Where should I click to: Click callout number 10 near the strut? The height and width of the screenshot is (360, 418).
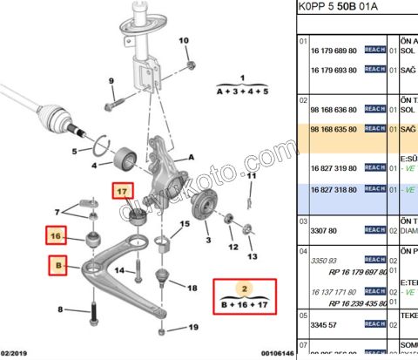(x=184, y=41)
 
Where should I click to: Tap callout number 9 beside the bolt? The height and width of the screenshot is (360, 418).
(x=111, y=82)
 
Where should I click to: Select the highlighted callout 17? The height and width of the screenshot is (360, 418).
(x=121, y=192)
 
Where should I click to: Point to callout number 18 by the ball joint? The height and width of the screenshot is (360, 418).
(x=192, y=287)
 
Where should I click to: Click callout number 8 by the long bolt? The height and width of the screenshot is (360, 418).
(x=60, y=309)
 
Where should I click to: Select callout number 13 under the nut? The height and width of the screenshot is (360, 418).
(x=253, y=258)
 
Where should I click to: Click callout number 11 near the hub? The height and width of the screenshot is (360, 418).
(x=253, y=175)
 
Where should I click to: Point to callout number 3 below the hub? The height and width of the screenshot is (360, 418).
(x=207, y=241)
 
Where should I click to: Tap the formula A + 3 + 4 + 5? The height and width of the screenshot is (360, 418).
(x=242, y=91)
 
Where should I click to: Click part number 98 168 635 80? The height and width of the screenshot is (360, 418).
(x=334, y=128)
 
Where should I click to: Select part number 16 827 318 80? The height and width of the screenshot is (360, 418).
(x=334, y=188)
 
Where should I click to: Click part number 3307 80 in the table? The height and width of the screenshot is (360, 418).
(x=324, y=229)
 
